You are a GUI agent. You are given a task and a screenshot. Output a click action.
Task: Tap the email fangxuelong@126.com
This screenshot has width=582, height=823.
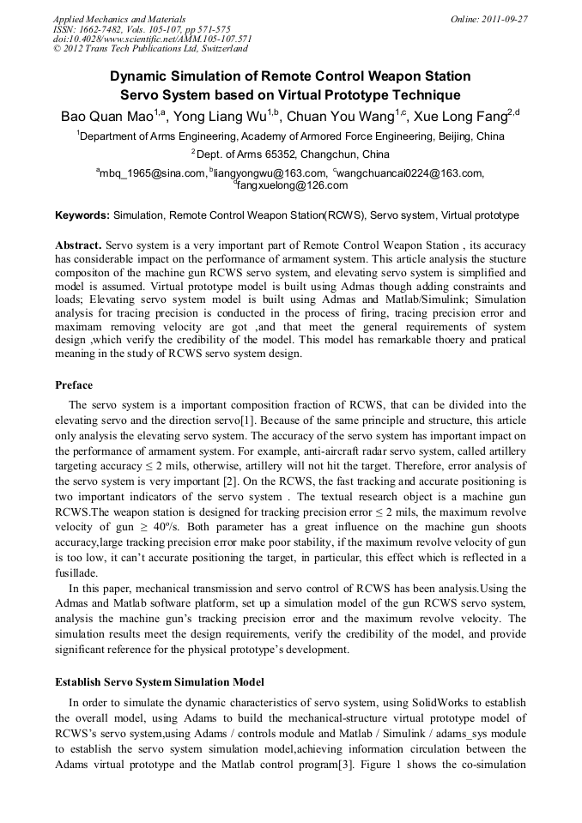(x=292, y=185)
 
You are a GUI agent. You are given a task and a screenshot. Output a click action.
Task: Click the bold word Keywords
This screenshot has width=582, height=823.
(x=82, y=215)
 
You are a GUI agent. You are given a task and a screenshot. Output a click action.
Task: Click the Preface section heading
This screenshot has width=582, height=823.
(x=74, y=385)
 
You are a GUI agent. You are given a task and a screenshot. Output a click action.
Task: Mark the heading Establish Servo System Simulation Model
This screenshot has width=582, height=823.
(x=159, y=681)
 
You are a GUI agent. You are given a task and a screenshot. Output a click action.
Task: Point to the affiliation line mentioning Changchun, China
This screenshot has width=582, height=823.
(x=292, y=154)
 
